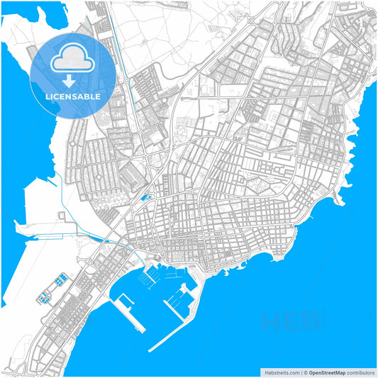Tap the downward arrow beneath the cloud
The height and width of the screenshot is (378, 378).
pyautogui.click(x=72, y=80)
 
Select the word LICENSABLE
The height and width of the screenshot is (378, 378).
pyautogui.click(x=72, y=96)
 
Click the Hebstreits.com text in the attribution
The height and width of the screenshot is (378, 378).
pyautogui.click(x=281, y=371)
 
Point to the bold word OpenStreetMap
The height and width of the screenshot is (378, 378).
pyautogui.click(x=326, y=371)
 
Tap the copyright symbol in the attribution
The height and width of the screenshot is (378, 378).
pyautogui.click(x=303, y=371)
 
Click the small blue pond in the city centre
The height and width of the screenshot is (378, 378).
pyautogui.click(x=147, y=198)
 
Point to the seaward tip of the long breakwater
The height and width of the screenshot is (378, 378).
pyautogui.click(x=151, y=349)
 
